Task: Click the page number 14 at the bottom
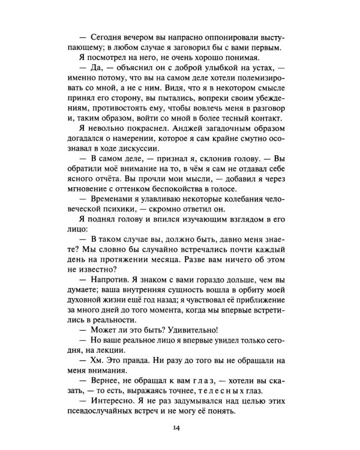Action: coord(175,427)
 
